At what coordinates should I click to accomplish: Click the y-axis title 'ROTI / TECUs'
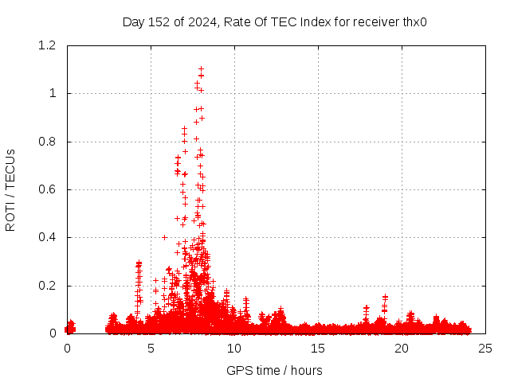click(10, 189)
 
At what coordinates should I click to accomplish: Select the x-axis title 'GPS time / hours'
click(274, 370)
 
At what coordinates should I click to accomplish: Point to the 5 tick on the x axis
click(151, 348)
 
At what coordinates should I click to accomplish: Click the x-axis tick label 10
click(234, 348)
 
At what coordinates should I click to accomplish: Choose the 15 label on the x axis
click(318, 348)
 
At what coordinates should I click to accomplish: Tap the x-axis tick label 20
click(402, 348)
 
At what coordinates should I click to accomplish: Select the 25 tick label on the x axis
click(485, 348)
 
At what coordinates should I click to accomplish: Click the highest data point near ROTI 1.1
click(201, 68)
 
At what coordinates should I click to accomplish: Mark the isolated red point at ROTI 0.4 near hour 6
click(164, 237)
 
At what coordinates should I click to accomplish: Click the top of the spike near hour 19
click(385, 297)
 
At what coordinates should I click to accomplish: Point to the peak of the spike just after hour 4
click(139, 262)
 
